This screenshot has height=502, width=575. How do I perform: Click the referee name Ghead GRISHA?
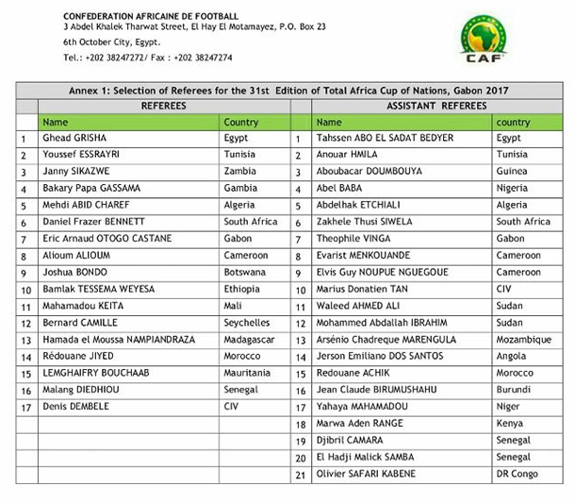[x=74, y=138]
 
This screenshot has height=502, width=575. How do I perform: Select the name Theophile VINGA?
[x=353, y=239]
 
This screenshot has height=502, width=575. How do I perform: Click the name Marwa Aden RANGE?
[x=360, y=423]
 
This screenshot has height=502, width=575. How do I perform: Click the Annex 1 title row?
[x=294, y=90]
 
